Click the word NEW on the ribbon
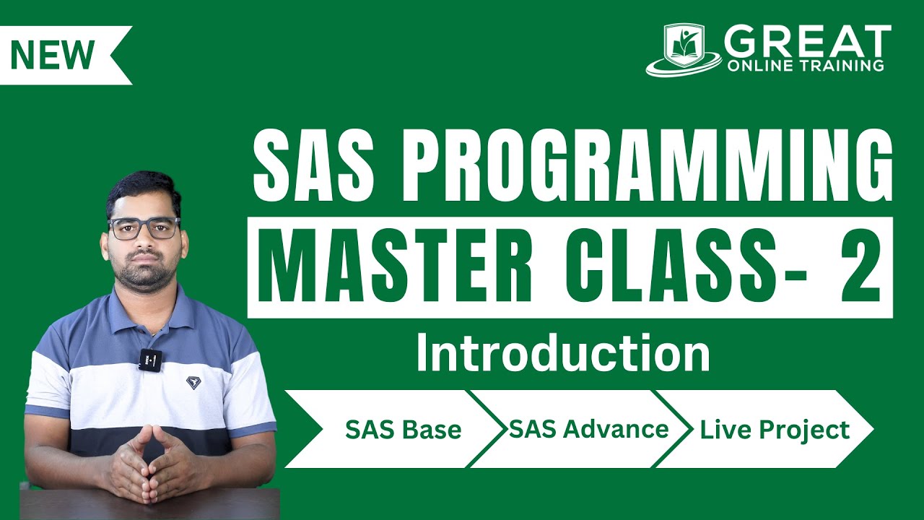point(53,55)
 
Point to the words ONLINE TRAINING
point(806,66)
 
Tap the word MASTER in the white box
point(394,267)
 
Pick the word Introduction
point(564,353)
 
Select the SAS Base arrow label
point(403,429)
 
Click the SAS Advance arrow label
point(588,429)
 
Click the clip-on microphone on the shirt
point(151,360)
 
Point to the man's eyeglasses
point(144,228)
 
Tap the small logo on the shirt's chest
point(193,382)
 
